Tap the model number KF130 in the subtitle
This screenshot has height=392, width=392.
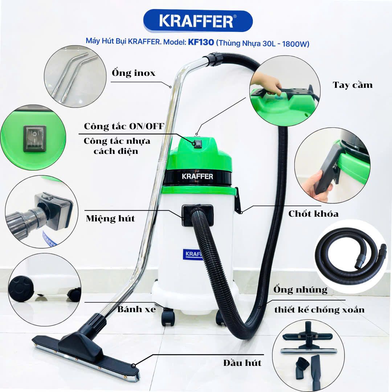[201, 42]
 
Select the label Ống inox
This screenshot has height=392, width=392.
[134, 73]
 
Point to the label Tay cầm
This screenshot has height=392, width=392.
[352, 85]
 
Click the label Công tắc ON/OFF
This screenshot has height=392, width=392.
[124, 126]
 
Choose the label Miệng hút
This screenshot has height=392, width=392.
[110, 219]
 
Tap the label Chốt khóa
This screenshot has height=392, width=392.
[314, 214]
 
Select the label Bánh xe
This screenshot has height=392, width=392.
[136, 309]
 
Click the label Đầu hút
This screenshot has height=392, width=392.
[242, 363]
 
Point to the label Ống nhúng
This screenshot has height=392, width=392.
[300, 290]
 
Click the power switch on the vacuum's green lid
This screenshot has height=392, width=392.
[197, 144]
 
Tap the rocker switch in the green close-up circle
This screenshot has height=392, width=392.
[35, 139]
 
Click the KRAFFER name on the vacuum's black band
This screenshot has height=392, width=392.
[197, 176]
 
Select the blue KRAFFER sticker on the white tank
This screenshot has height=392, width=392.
[193, 254]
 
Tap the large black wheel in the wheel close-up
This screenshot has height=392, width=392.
[21, 289]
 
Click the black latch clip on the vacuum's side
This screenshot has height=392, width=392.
[238, 200]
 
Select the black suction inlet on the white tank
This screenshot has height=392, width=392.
[197, 216]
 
